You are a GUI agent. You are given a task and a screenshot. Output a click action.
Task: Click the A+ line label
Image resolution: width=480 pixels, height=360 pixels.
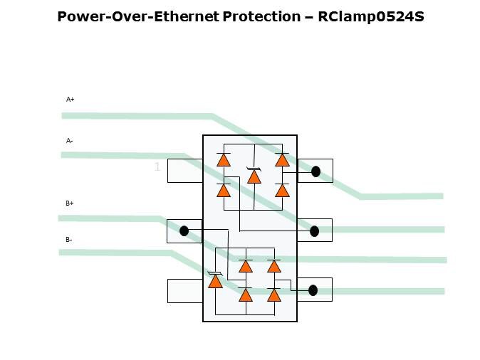[71, 100]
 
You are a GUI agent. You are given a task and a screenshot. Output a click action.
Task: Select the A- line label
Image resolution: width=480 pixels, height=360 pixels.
[70, 141]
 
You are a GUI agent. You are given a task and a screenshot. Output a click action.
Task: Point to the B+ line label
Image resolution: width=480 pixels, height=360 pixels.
[70, 203]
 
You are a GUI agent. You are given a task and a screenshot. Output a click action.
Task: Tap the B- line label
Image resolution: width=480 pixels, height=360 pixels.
[69, 240]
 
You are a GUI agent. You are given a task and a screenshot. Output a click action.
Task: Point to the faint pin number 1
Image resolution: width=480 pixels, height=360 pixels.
[157, 168]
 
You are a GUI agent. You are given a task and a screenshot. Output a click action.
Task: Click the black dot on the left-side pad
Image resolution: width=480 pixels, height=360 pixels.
[184, 231]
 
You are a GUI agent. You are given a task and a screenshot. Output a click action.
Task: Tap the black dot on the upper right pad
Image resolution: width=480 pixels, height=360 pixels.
[315, 171]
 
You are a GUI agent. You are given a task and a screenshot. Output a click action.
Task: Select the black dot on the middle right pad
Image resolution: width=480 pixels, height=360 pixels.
[314, 231]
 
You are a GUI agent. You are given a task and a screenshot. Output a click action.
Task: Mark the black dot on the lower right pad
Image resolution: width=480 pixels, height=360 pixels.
[313, 290]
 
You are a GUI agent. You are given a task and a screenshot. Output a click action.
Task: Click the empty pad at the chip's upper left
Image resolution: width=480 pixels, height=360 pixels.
[184, 171]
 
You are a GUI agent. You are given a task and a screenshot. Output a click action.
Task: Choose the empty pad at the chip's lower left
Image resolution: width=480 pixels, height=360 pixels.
[184, 290]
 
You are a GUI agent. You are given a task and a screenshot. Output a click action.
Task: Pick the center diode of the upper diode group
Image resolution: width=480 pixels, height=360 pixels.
[254, 176]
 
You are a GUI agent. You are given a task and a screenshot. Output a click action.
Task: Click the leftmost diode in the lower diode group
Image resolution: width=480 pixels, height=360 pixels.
[215, 281]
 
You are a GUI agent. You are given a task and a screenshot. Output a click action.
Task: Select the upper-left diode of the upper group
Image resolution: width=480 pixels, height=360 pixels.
[224, 159]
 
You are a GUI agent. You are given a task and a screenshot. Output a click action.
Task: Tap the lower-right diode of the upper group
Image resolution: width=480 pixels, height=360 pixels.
[282, 190]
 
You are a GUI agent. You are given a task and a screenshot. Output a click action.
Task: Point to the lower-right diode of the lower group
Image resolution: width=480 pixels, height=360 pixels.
[274, 295]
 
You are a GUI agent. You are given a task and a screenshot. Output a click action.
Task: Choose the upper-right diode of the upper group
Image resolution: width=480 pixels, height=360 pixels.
[282, 159]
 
